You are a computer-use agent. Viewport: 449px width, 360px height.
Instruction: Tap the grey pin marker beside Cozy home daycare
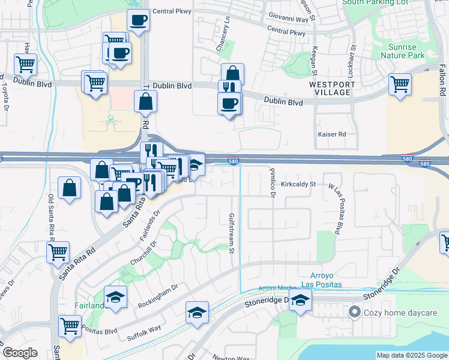[355, 313]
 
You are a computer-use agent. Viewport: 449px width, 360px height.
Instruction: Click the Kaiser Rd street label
[332, 134]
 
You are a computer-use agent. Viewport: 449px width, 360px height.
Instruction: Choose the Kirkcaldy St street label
[298, 184]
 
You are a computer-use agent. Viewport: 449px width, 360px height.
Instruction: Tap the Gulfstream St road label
[231, 233]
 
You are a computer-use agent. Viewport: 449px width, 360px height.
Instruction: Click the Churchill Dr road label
[142, 255]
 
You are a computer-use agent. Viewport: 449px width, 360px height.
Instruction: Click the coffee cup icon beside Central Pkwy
[138, 20]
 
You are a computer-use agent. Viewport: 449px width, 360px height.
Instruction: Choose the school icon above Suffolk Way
[196, 313]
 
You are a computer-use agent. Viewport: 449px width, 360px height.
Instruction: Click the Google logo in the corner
[20, 353]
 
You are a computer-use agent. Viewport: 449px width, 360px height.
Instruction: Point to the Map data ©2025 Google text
[412, 355]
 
